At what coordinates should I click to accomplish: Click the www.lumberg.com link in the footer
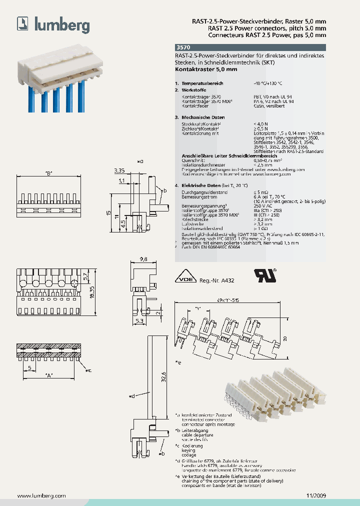click(x=41, y=495)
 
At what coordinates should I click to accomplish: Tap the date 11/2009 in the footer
click(x=315, y=495)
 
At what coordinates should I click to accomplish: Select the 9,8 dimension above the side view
click(x=143, y=259)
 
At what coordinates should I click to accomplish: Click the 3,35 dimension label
click(x=118, y=171)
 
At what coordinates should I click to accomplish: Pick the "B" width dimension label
click(x=48, y=173)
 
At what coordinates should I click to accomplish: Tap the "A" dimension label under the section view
click(x=48, y=374)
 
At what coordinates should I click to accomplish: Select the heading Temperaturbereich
click(x=202, y=83)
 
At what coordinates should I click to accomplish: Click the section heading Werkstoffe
click(x=194, y=89)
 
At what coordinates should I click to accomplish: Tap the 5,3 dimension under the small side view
click(x=139, y=320)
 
